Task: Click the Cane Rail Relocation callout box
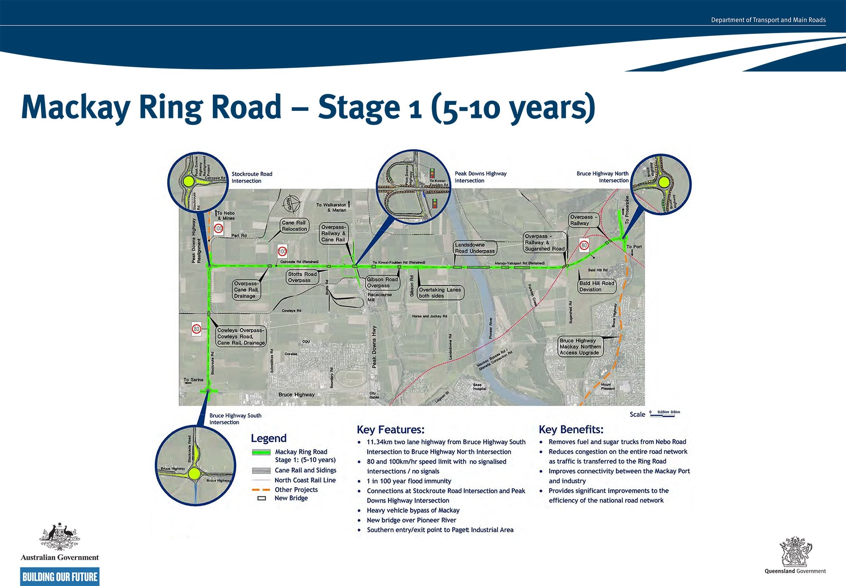294,226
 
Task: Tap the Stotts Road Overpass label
302,277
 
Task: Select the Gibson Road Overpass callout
382,282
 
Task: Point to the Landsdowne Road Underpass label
475,248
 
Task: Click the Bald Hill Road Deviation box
596,286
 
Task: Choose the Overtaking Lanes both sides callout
440,293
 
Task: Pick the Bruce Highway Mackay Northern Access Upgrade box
580,346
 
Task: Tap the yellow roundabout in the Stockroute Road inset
189,182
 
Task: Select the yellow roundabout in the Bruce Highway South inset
194,474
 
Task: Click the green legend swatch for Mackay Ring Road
261,452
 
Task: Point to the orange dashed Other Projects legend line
261,490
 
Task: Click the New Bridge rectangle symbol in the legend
262,498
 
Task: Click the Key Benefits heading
571,430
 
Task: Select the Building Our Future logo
60,577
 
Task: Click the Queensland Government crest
795,552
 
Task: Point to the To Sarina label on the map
193,380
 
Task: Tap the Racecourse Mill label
379,297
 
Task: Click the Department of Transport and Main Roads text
768,20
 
